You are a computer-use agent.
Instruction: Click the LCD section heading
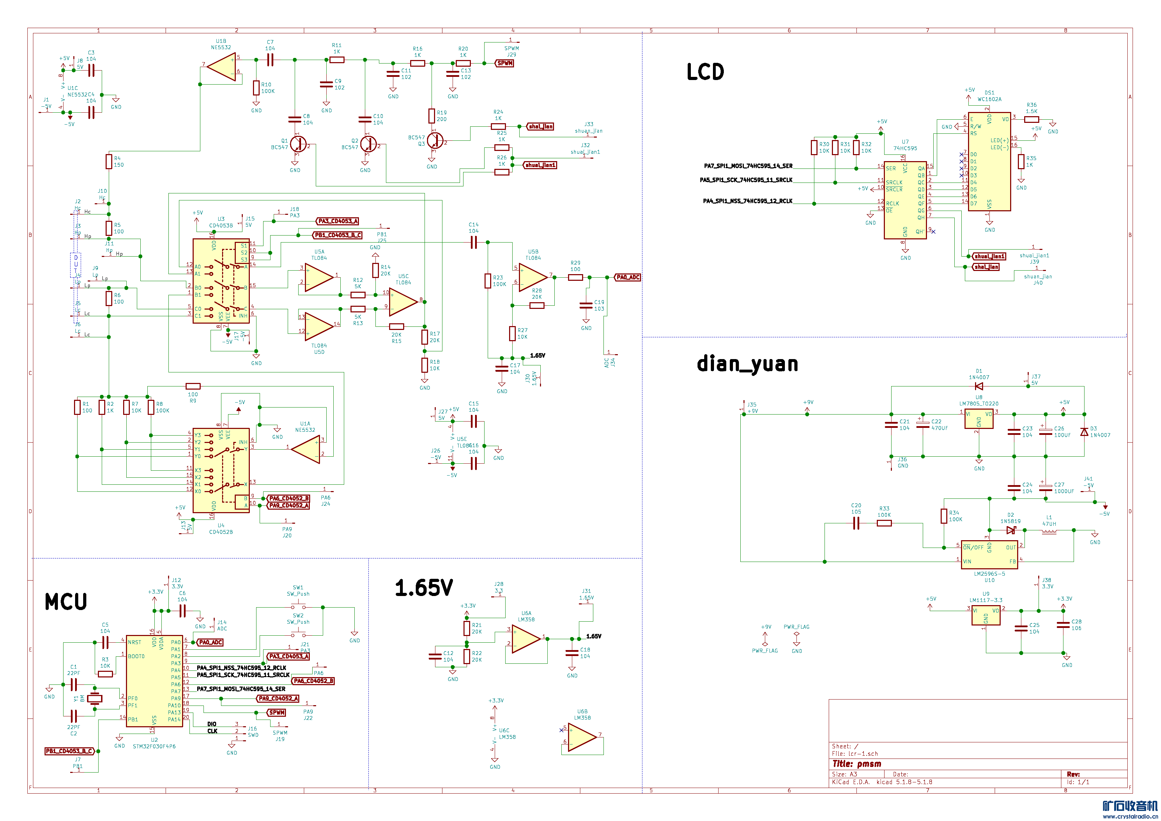(x=705, y=72)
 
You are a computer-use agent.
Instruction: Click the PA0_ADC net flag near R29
(x=628, y=277)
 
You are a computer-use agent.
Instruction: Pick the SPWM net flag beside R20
(x=505, y=63)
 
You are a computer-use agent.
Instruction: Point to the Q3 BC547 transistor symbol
(x=434, y=141)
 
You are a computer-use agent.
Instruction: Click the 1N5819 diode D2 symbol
(x=1011, y=530)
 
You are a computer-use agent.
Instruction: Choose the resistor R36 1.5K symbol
(x=1032, y=119)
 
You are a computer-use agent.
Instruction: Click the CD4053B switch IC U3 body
(x=221, y=281)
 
